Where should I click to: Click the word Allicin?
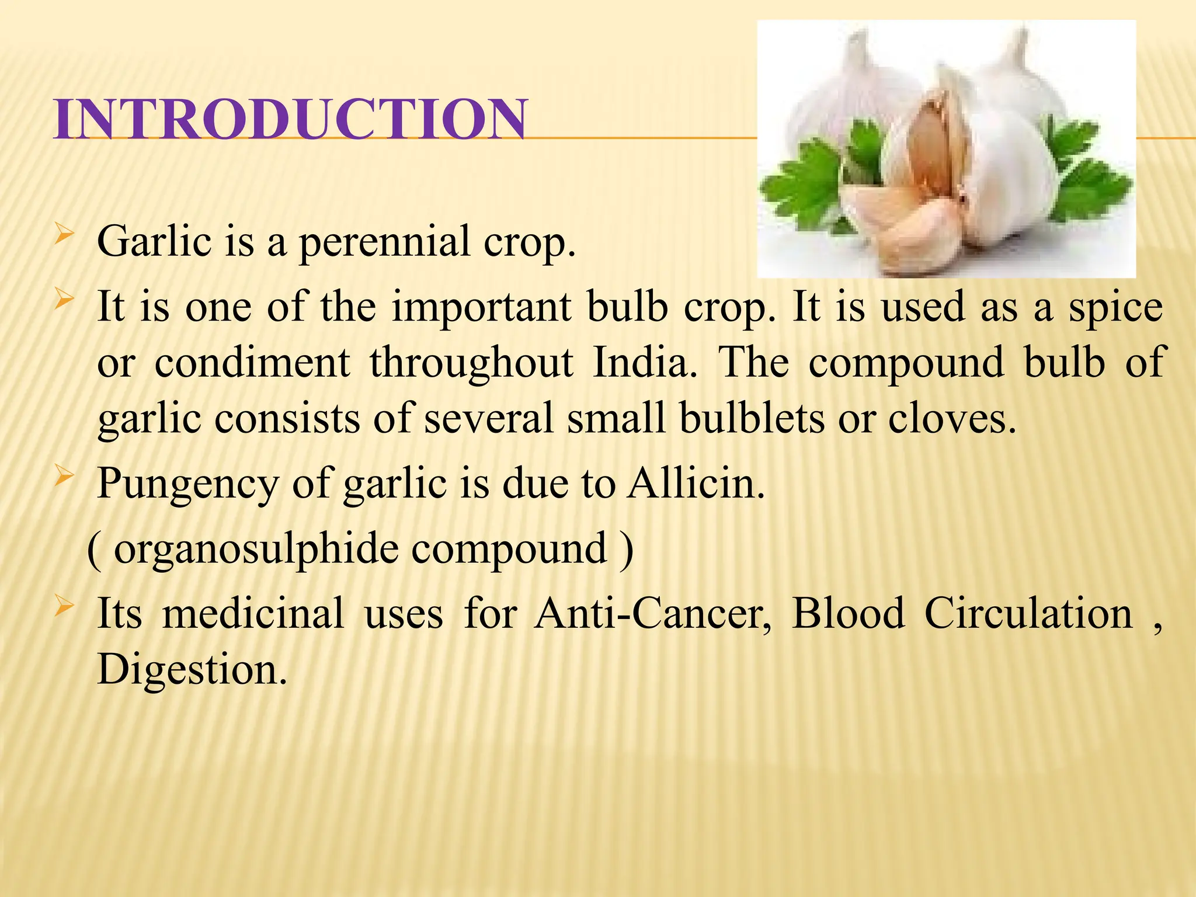[696, 484]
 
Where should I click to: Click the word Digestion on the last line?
[192, 669]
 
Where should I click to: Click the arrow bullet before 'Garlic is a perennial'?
[64, 237]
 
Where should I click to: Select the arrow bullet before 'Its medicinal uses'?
[64, 608]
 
